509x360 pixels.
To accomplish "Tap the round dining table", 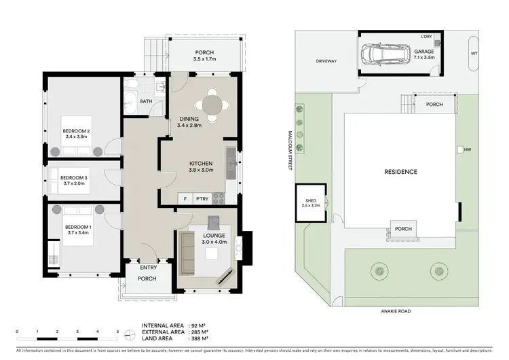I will tap(212, 106).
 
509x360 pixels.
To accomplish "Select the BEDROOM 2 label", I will tap(77, 130).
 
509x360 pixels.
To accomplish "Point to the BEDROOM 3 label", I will tap(75, 173).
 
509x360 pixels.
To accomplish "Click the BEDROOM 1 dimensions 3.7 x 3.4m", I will tap(79, 233).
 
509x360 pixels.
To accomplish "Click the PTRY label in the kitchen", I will tap(202, 198).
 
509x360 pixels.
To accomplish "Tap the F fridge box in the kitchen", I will tap(185, 198).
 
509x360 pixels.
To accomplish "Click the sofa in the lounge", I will tap(187, 249).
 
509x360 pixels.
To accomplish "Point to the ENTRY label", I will tap(149, 267).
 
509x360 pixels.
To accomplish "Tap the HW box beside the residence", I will tap(460, 149).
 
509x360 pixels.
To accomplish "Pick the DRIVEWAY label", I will tap(326, 61).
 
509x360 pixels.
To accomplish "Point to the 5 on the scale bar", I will tap(117, 331).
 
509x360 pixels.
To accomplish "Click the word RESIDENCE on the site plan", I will tap(401, 172).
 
